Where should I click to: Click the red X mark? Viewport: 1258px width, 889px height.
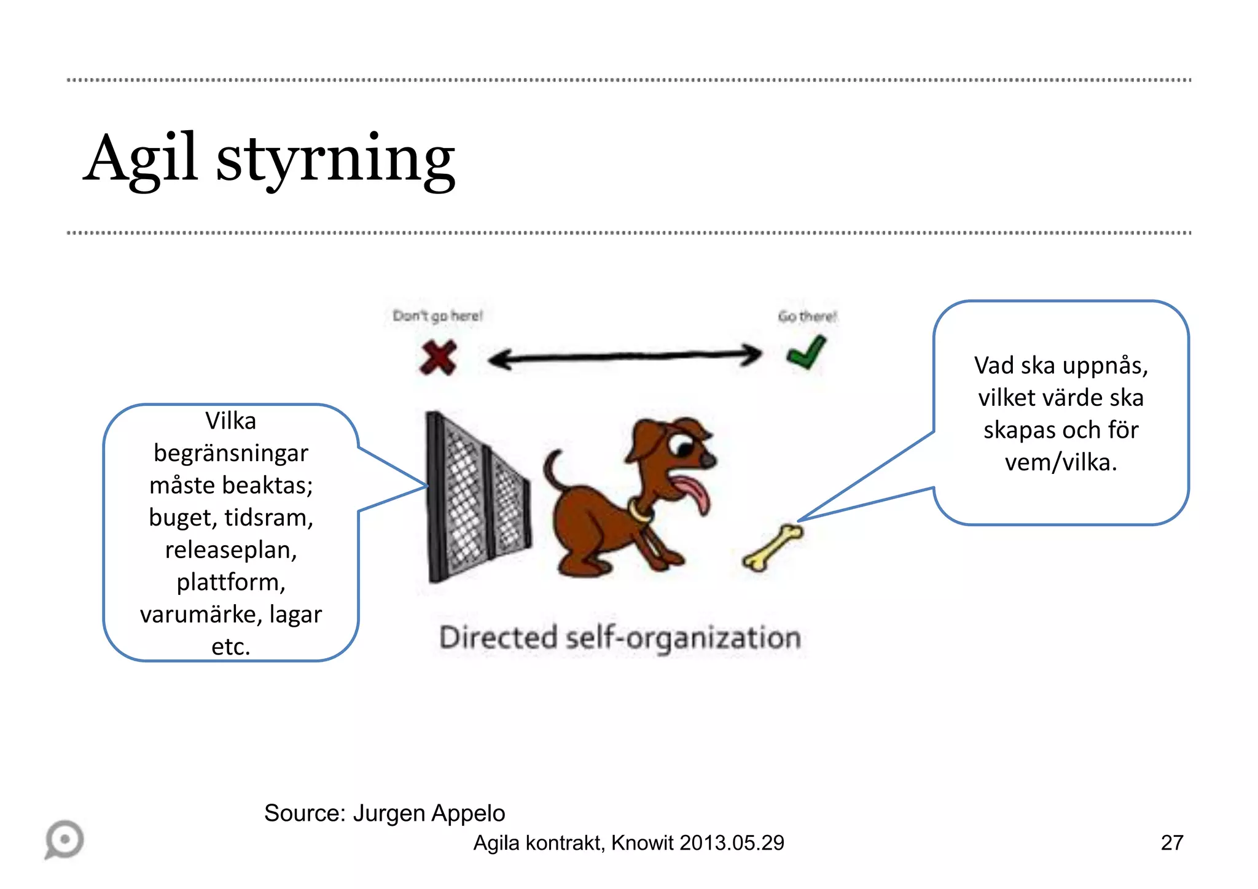coord(438,357)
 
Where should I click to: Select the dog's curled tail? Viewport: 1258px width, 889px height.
coord(553,470)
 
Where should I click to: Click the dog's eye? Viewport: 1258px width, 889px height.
coord(682,444)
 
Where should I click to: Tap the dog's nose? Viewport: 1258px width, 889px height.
coord(708,460)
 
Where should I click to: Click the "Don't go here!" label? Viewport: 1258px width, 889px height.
coord(438,316)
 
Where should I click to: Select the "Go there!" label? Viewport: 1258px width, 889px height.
coord(807,317)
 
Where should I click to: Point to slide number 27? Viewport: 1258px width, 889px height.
coord(1171,843)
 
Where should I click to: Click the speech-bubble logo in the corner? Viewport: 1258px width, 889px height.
coord(64,839)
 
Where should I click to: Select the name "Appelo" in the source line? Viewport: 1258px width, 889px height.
coord(467,813)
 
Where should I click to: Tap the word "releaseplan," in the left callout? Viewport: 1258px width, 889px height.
coord(231,550)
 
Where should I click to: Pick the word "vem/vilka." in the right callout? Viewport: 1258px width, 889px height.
coord(1061,462)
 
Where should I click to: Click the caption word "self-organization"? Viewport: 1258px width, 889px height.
coord(683,639)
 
